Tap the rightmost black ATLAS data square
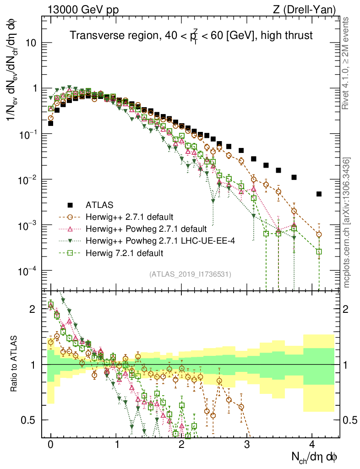319,194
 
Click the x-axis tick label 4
312,444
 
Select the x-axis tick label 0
50,444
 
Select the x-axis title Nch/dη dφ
315,458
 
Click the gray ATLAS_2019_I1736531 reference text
190,274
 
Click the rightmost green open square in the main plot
319,251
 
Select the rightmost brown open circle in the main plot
319,234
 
